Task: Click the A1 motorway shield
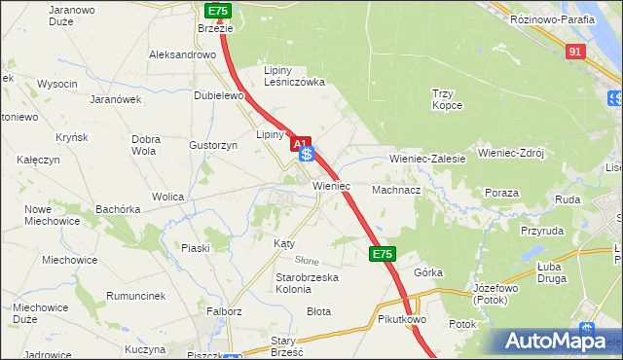tap(301, 142)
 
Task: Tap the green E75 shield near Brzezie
tap(218, 11)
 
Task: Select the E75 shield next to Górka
tap(383, 254)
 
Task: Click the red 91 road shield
tap(575, 52)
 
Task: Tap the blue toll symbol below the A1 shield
tap(307, 155)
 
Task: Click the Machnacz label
tap(395, 191)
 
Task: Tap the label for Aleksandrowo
tap(182, 55)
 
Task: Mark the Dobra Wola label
tap(145, 145)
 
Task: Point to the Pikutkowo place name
tap(402, 319)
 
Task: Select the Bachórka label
tap(118, 209)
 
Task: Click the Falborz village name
tap(223, 311)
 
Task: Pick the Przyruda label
tap(541, 232)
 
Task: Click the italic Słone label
tap(307, 261)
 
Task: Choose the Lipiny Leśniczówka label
tap(295, 76)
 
